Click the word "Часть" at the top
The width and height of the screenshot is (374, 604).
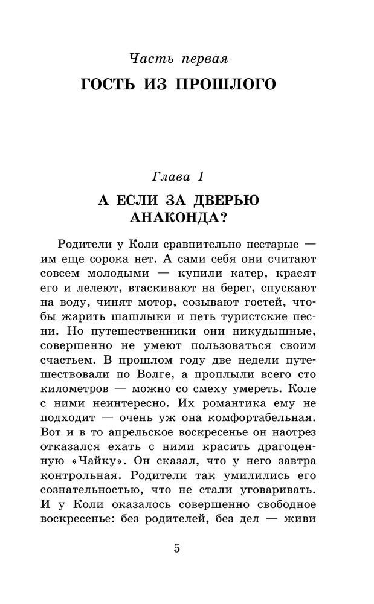click(150, 59)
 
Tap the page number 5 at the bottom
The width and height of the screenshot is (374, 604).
click(178, 548)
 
